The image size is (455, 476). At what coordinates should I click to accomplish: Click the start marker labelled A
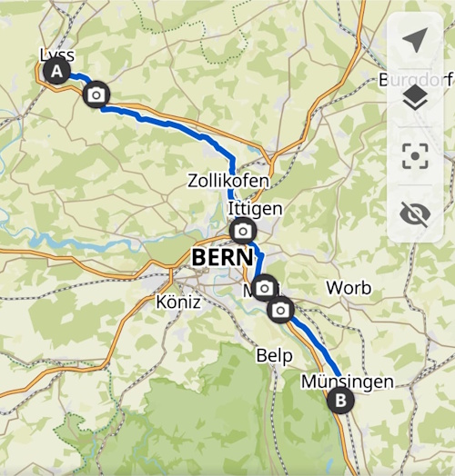pyautogui.click(x=57, y=70)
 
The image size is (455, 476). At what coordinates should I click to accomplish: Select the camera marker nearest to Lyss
pyautogui.click(x=96, y=94)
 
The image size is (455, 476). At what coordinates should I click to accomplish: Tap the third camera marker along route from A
pyautogui.click(x=264, y=288)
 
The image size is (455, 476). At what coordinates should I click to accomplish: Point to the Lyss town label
pyautogui.click(x=57, y=53)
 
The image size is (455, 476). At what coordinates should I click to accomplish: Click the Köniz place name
pyautogui.click(x=177, y=302)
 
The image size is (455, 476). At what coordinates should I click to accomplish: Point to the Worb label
pyautogui.click(x=349, y=288)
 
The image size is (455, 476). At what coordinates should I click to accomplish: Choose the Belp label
pyautogui.click(x=274, y=353)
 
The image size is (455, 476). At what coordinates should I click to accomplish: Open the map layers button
pyautogui.click(x=415, y=97)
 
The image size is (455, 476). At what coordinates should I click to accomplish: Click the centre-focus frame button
pyautogui.click(x=415, y=155)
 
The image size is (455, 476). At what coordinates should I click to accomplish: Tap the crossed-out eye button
pyautogui.click(x=415, y=213)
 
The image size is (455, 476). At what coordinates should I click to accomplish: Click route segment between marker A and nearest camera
pyautogui.click(x=78, y=79)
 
